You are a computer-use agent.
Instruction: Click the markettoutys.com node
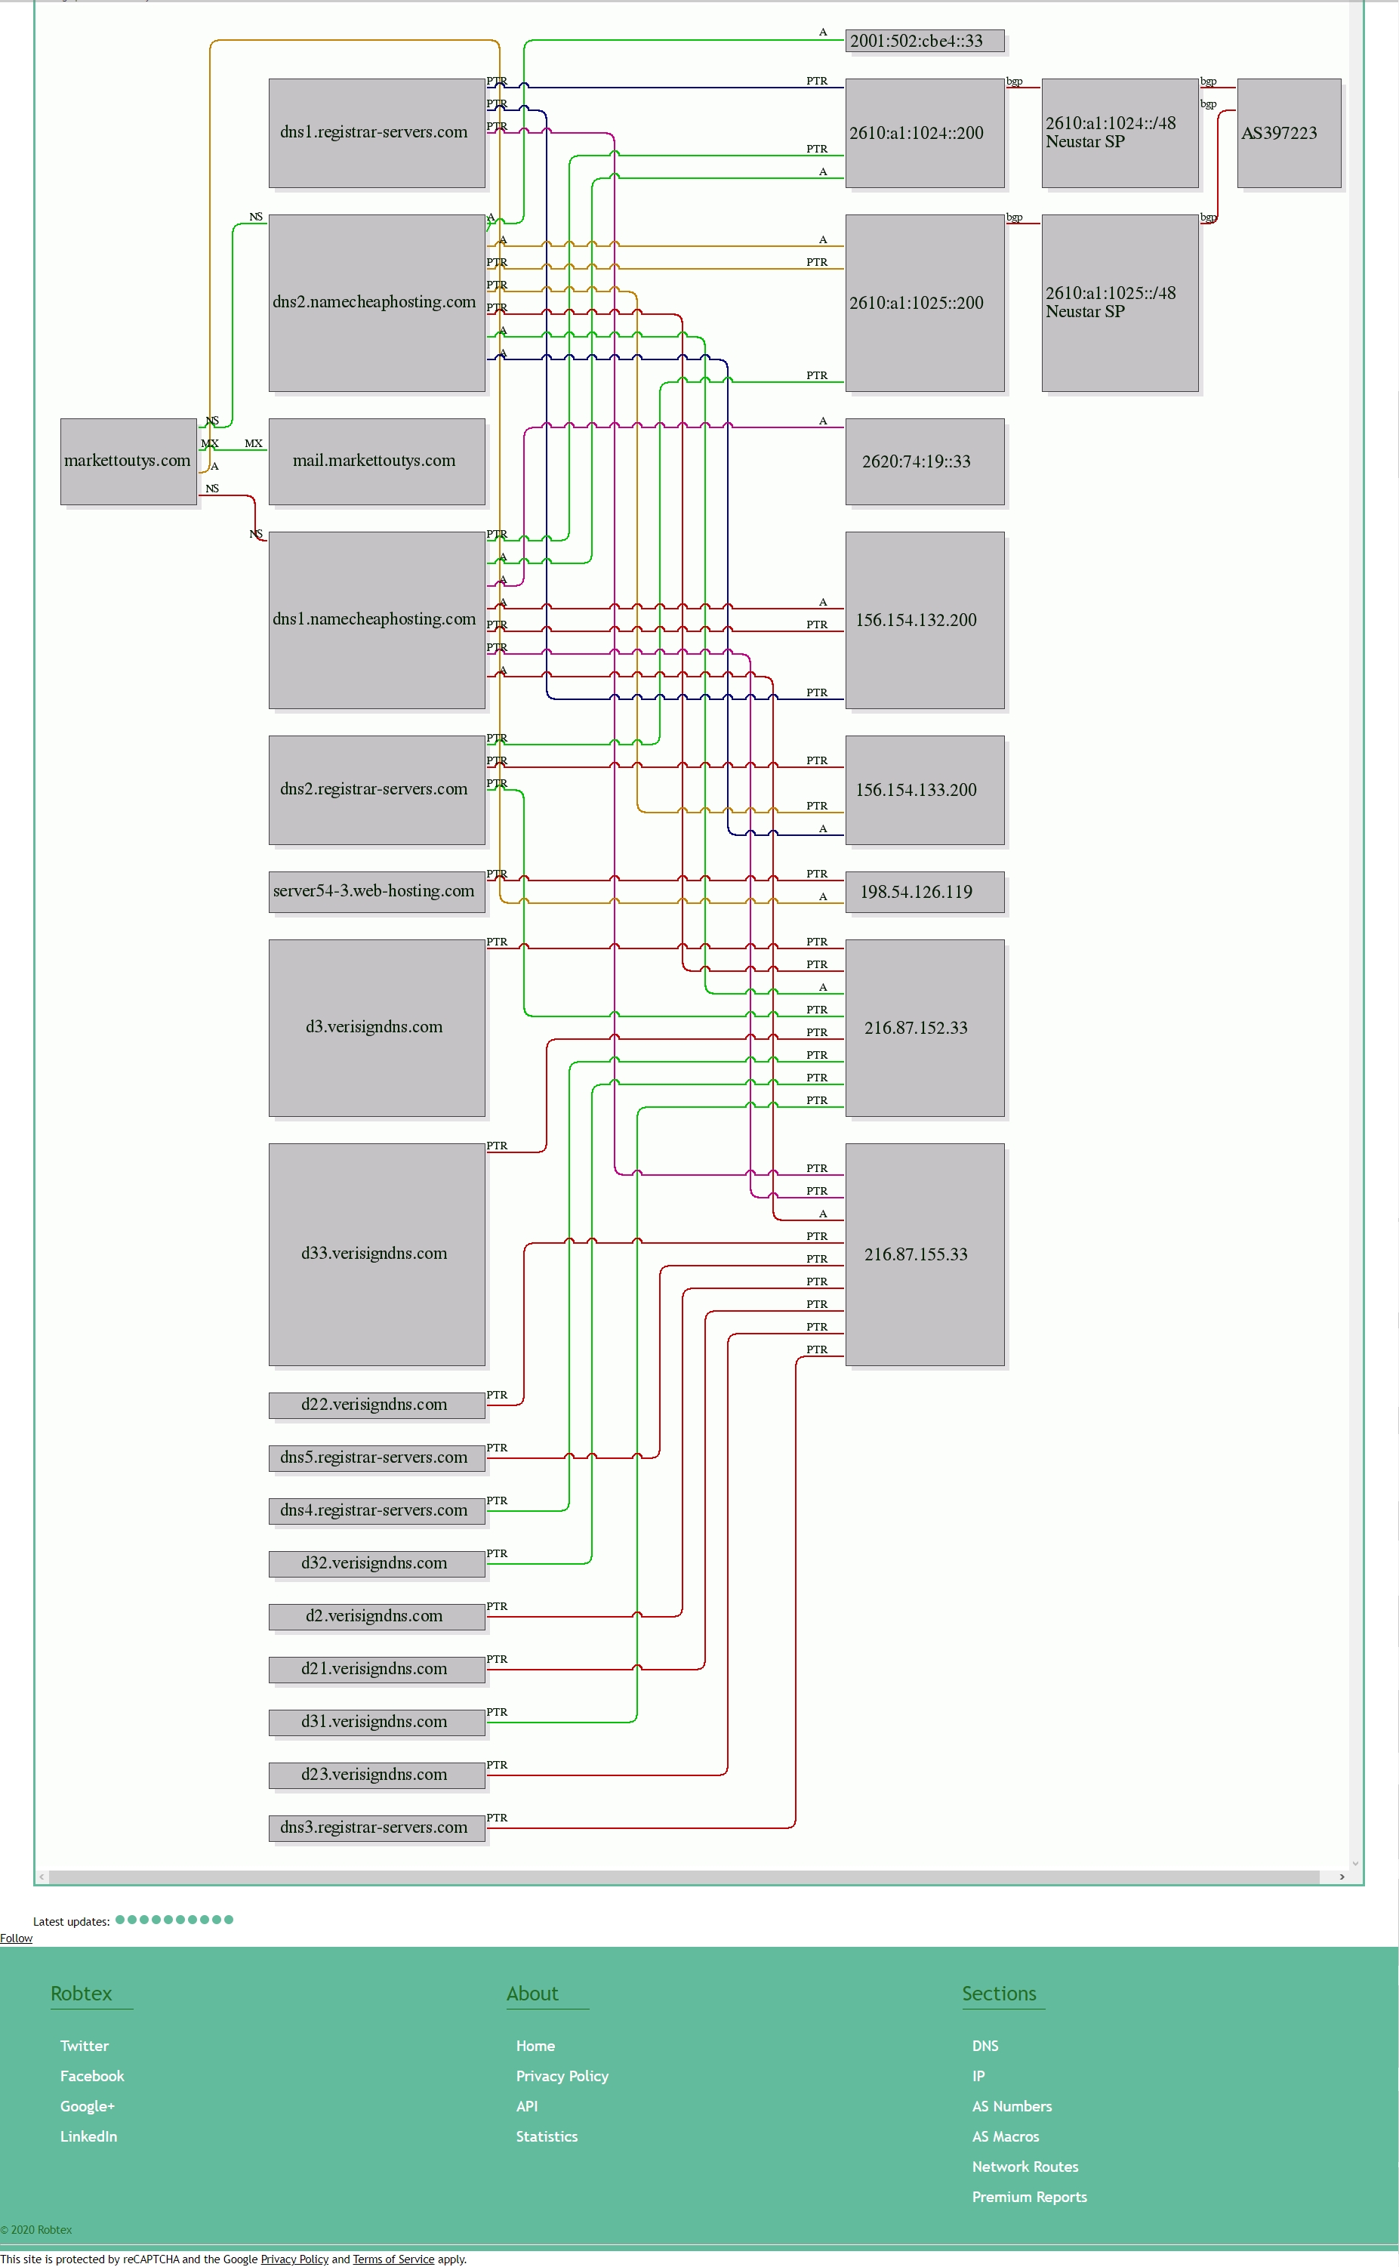(x=128, y=461)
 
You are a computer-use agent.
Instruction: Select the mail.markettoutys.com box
(x=377, y=461)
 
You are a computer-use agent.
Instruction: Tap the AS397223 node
(x=1289, y=133)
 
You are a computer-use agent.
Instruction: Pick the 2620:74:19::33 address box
(x=924, y=461)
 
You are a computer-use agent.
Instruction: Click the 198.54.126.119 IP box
(x=924, y=892)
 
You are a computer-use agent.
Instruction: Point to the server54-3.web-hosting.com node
(x=377, y=892)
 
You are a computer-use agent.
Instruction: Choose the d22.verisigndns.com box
(x=377, y=1405)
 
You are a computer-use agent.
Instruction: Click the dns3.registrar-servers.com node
(x=377, y=1827)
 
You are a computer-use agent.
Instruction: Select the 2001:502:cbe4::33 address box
(x=924, y=41)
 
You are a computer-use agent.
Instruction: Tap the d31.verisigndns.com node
(x=377, y=1722)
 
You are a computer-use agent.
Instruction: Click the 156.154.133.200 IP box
(x=924, y=790)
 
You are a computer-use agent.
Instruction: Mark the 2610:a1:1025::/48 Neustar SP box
(x=1120, y=304)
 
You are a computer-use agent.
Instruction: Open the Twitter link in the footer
(x=85, y=2045)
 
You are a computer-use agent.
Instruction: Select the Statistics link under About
(x=547, y=2136)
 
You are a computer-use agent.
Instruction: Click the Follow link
(x=16, y=1938)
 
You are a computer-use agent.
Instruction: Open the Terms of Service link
(x=393, y=2259)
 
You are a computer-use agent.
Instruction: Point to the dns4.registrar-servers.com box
(x=377, y=1510)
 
